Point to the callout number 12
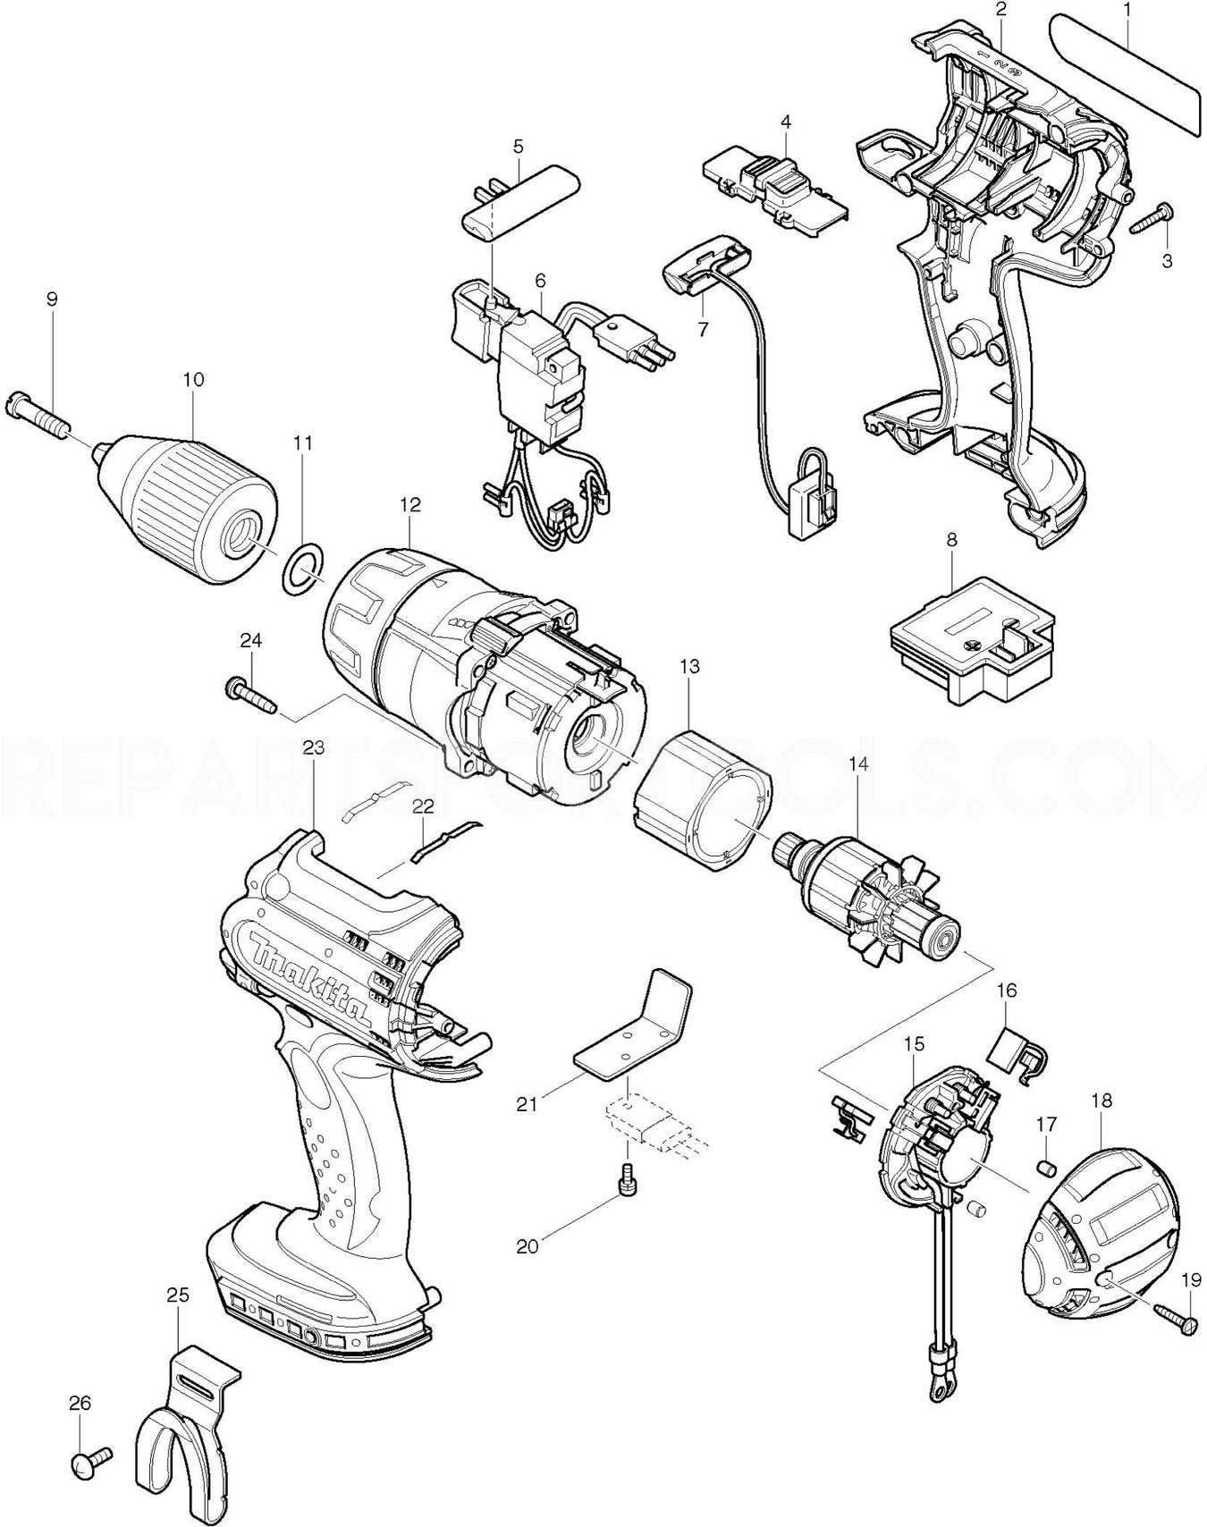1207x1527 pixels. [x=409, y=504]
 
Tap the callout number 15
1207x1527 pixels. [x=914, y=1044]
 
